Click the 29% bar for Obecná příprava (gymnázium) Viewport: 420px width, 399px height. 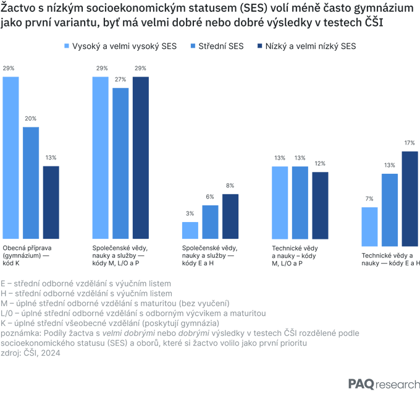pyautogui.click(x=10, y=158)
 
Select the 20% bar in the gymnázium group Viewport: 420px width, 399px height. pyautogui.click(x=31, y=183)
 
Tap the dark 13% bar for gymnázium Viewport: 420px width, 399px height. pyautogui.click(x=51, y=202)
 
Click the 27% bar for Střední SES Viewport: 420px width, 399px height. pyautogui.click(x=120, y=163)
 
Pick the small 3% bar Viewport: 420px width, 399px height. pyautogui.click(x=190, y=231)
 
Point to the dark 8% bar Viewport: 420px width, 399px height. pyautogui.click(x=230, y=217)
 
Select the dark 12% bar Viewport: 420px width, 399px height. pyautogui.click(x=320, y=205)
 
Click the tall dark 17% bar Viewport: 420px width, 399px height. pyautogui.click(x=410, y=199)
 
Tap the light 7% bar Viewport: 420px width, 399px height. pyautogui.click(x=369, y=227)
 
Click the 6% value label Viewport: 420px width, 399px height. pyautogui.click(x=210, y=197)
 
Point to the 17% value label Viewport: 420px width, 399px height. pyautogui.click(x=409, y=143)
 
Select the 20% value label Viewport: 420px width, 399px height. pyautogui.click(x=30, y=119)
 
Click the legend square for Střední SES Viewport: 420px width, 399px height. pyautogui.click(x=193, y=46)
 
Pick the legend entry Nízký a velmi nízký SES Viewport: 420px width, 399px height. pyautogui.click(x=307, y=46)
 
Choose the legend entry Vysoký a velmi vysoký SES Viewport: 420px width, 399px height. pyautogui.click(x=120, y=46)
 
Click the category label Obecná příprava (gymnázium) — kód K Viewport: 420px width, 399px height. pyautogui.click(x=27, y=255)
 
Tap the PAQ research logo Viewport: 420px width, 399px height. pyautogui.click(x=384, y=384)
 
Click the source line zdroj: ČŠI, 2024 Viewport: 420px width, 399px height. pyautogui.click(x=30, y=353)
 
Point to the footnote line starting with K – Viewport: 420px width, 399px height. pyautogui.click(x=110, y=324)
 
